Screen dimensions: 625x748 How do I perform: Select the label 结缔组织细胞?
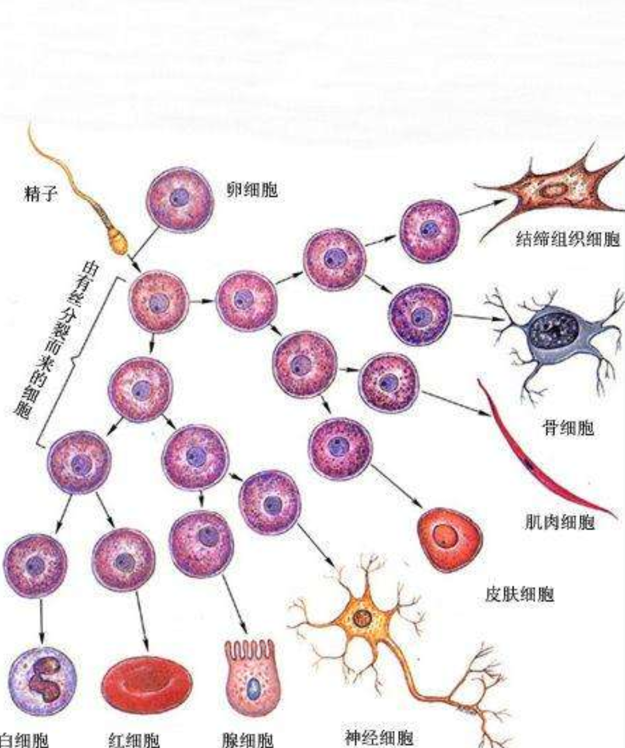[x=567, y=240]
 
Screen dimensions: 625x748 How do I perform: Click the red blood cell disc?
[x=147, y=684]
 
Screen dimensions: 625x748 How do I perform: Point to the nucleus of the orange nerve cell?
[x=360, y=618]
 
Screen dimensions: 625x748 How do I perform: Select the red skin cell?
[x=448, y=539]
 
